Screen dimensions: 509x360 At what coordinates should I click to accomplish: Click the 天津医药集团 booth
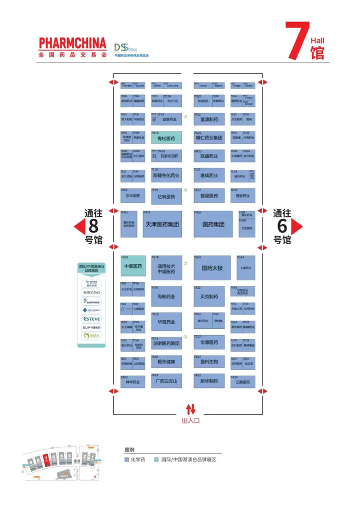162,224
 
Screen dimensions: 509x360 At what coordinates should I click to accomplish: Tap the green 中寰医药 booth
133,266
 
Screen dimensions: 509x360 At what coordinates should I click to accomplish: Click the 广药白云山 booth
166,381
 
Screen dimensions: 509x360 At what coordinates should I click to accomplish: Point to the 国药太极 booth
212,268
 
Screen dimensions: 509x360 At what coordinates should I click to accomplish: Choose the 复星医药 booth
209,196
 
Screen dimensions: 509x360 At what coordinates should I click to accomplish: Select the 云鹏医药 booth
242,381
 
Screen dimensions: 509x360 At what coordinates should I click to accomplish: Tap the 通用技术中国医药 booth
166,268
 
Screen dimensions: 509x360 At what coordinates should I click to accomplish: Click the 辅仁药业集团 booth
209,138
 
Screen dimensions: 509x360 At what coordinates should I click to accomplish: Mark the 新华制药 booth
209,381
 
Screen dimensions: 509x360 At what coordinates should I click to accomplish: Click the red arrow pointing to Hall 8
78,227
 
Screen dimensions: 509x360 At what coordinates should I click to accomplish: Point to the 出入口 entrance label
190,421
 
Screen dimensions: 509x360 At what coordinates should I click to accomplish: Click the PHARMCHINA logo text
72,42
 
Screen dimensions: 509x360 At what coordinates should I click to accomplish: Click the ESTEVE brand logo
92,318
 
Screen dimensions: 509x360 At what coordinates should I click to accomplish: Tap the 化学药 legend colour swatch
127,459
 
